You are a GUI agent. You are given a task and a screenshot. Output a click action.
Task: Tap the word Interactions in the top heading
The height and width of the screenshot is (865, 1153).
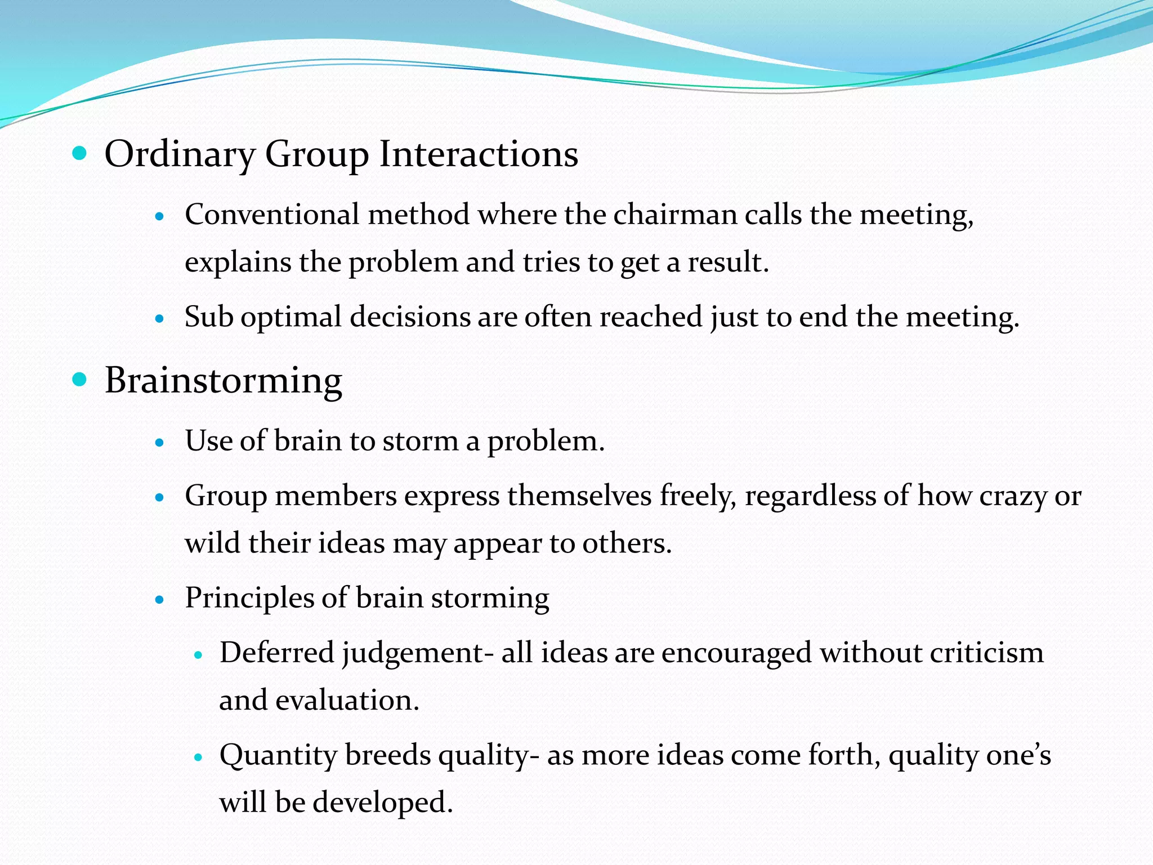point(479,154)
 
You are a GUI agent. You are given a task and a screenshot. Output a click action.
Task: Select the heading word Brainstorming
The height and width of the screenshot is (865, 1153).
point(224,381)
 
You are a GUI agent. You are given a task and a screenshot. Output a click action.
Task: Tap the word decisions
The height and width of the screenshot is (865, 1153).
point(410,317)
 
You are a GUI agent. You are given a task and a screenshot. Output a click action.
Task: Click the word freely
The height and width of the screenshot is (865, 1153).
point(698,497)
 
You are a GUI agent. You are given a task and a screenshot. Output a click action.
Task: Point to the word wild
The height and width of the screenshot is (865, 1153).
point(213,543)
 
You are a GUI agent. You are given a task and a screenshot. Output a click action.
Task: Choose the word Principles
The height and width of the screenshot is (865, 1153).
point(249,598)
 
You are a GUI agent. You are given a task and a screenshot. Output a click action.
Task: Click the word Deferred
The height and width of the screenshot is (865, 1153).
point(277,653)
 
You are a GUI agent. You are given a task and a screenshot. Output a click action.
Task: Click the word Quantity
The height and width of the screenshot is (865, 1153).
point(278,755)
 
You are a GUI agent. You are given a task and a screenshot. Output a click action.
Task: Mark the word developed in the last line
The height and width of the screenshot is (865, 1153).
point(383,802)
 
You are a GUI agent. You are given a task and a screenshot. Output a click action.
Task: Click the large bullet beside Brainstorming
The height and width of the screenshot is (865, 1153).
point(80,380)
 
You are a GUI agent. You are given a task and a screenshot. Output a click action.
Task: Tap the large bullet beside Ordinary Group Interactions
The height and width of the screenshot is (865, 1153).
point(80,153)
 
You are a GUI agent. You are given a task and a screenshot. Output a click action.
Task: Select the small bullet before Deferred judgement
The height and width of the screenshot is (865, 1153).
point(198,656)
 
